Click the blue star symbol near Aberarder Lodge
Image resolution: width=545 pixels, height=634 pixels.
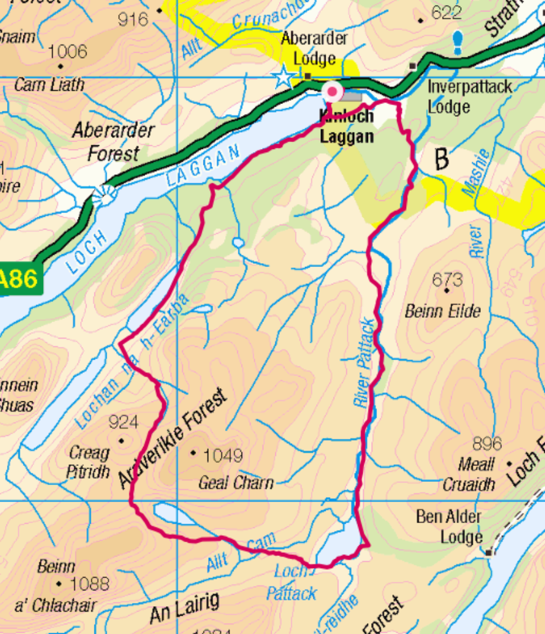pyautogui.click(x=283, y=77)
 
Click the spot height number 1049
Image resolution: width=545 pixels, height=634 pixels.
pyautogui.click(x=223, y=455)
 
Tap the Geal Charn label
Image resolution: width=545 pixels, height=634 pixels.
pyautogui.click(x=236, y=482)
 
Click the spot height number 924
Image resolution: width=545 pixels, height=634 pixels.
pyautogui.click(x=123, y=422)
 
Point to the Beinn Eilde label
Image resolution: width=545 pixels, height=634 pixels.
pyautogui.click(x=443, y=311)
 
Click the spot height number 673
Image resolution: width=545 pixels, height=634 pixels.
pyautogui.click(x=447, y=279)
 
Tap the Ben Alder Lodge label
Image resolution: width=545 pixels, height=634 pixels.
pyautogui.click(x=449, y=527)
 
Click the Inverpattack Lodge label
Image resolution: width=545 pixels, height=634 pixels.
pyautogui.click(x=469, y=96)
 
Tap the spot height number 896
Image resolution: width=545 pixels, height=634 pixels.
pyautogui.click(x=487, y=443)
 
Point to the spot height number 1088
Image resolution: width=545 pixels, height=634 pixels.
pyautogui.click(x=89, y=583)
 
